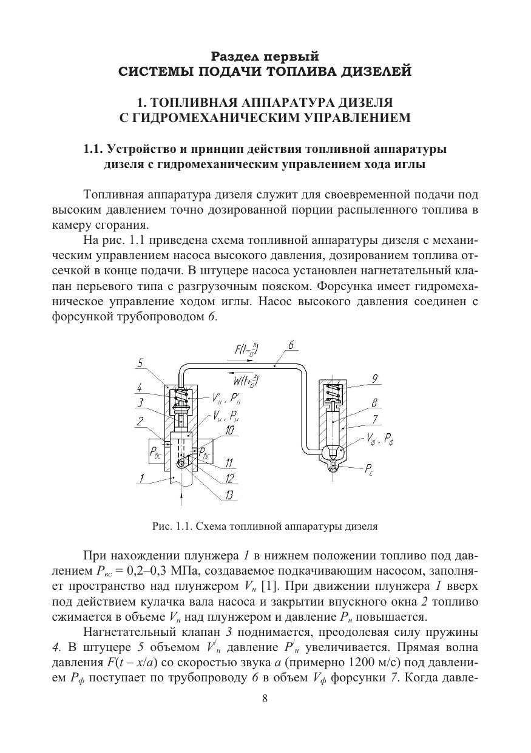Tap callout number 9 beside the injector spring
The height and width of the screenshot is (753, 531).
pos(376,378)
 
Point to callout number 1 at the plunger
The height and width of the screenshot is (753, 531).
pos(140,478)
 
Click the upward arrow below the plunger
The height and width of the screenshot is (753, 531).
pos(181,498)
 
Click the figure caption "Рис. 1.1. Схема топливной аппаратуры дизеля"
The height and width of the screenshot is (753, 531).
pos(265,527)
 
